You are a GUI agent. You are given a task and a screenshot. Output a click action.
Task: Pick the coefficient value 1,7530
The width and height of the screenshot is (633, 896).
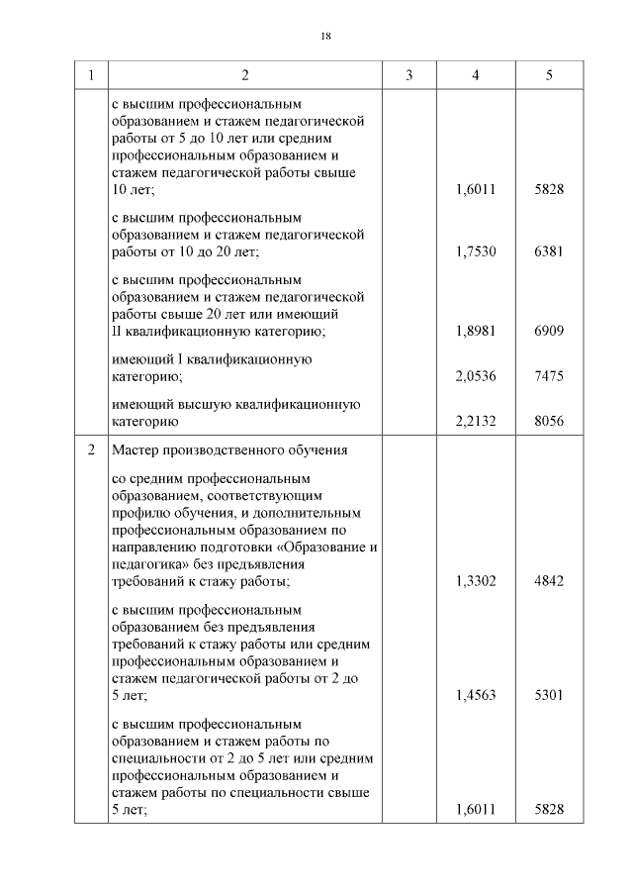(x=476, y=251)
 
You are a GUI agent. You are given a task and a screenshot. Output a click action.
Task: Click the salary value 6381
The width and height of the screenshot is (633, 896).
(x=548, y=251)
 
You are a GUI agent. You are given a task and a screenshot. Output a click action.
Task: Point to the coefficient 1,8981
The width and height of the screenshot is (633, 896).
(x=476, y=331)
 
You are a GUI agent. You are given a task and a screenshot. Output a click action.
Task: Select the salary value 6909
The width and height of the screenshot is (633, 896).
(x=548, y=331)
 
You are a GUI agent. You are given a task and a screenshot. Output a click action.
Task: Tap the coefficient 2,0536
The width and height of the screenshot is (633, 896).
(x=476, y=376)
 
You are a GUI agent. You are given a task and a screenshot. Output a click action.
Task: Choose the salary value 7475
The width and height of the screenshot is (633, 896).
(x=548, y=376)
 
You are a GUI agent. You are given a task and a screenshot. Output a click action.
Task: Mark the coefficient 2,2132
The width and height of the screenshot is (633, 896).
(x=476, y=421)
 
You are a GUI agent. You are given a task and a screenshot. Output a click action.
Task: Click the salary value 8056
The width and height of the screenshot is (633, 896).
(x=548, y=421)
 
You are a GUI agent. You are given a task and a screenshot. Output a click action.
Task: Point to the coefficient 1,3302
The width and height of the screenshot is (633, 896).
(x=476, y=581)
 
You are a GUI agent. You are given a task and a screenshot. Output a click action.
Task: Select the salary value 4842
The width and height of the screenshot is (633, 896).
(x=548, y=581)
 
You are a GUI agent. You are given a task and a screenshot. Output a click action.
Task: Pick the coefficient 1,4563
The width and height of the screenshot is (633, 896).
(x=476, y=695)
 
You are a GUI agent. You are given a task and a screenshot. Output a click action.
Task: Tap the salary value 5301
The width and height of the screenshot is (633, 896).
(x=548, y=695)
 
